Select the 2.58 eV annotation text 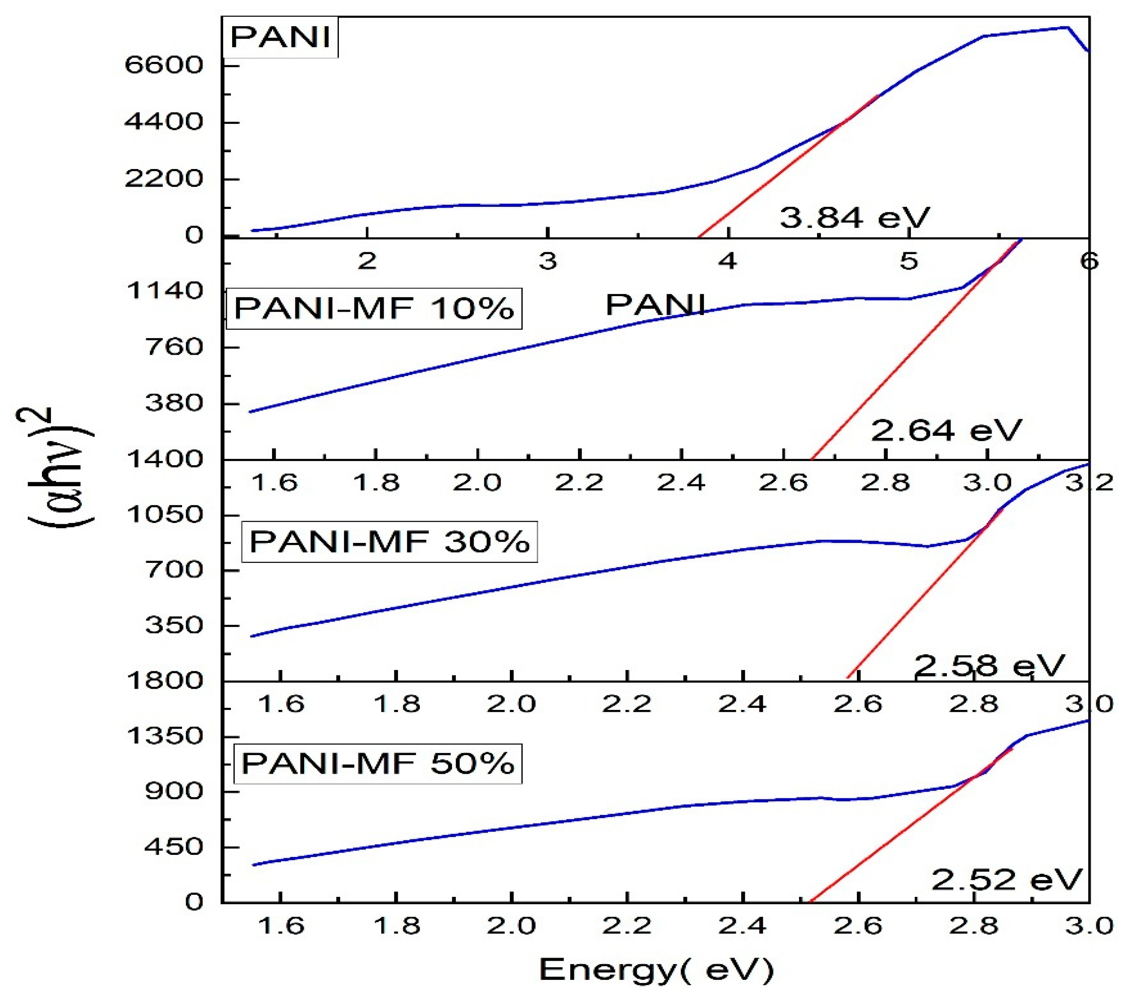989,665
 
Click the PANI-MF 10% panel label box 374,308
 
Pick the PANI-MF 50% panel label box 378,763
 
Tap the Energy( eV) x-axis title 656,969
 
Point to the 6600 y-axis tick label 164,66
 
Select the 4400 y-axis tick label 164,122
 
